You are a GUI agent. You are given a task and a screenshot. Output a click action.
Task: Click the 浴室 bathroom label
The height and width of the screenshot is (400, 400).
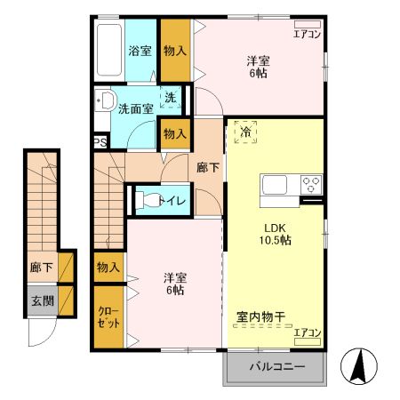[x=140, y=51]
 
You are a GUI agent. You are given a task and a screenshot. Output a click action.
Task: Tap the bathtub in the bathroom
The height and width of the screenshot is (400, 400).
[x=110, y=51]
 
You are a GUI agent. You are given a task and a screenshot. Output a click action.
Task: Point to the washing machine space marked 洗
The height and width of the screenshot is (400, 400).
[x=169, y=98]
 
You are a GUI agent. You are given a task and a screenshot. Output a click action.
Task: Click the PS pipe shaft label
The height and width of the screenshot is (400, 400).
[x=100, y=140]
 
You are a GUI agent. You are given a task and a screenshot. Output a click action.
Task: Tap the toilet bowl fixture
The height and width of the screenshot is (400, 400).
[x=147, y=200]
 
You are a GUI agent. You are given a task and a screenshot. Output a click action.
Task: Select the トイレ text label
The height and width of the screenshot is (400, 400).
[x=172, y=201]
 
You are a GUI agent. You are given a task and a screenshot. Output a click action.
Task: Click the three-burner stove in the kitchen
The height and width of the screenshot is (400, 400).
[x=312, y=185]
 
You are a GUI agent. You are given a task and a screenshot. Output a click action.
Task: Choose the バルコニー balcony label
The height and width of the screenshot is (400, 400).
[x=276, y=367]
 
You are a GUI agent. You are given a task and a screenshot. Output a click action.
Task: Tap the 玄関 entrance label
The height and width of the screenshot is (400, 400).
[x=41, y=301]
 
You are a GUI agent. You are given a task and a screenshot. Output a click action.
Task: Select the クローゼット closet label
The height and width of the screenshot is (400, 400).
[x=108, y=317]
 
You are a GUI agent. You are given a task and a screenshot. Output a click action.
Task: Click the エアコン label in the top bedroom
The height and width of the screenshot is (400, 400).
[x=307, y=35]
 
